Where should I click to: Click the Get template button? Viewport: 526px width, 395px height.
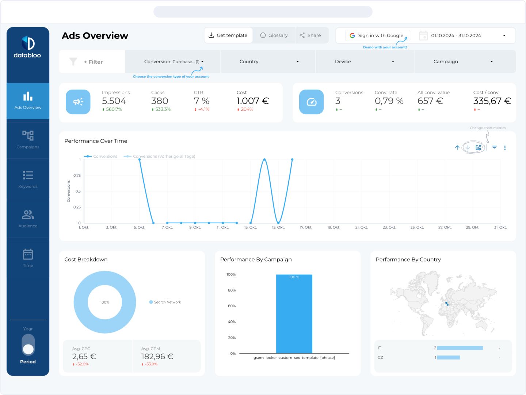(228, 35)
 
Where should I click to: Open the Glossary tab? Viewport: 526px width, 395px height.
(274, 35)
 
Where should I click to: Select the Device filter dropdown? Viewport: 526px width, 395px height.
(364, 61)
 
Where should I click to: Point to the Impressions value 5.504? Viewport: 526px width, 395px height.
(114, 101)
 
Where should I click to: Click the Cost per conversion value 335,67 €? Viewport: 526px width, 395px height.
(492, 101)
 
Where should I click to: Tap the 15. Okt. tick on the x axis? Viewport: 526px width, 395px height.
(278, 227)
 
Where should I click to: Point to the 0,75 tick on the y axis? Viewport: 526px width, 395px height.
(77, 176)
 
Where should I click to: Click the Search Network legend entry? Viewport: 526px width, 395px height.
(165, 302)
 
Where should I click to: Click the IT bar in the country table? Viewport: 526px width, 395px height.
(460, 348)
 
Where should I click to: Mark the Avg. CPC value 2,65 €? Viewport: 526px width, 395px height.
(84, 357)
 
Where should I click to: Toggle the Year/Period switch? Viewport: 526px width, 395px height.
(28, 345)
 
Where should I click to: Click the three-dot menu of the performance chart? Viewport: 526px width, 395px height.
(505, 148)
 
